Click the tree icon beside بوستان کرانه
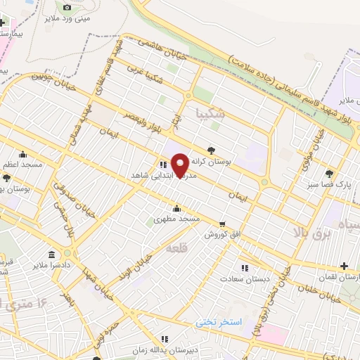(212, 149)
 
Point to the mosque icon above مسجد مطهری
(176, 207)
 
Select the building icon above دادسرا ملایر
(52, 254)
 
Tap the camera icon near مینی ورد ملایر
(67, 7)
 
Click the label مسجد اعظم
(22, 164)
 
